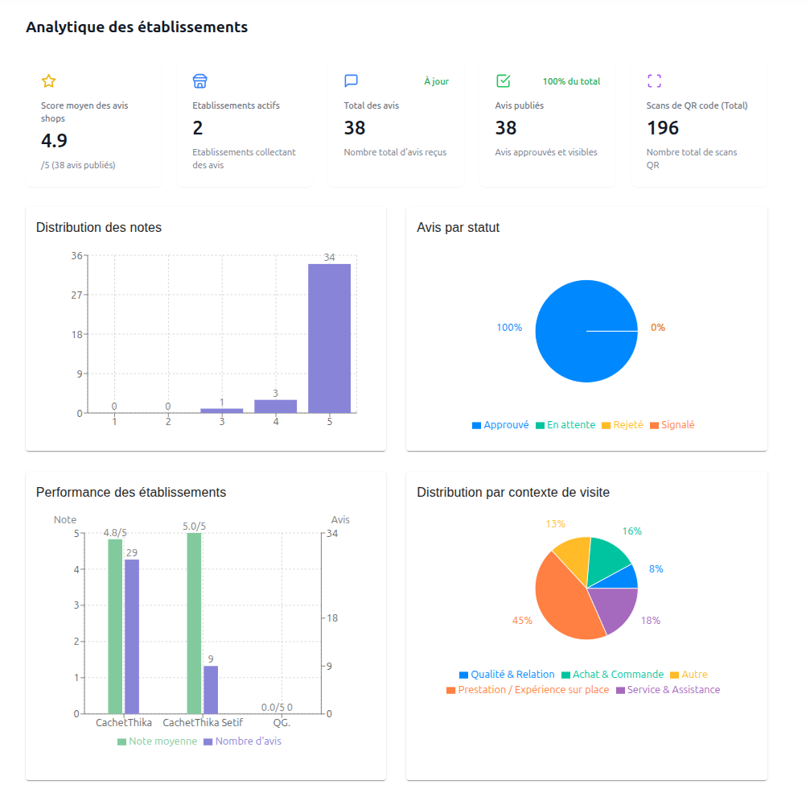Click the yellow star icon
tap(48, 81)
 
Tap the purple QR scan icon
tap(654, 81)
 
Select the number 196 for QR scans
tap(663, 128)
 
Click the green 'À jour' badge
tap(436, 81)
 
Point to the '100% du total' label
tap(571, 81)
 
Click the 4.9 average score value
tap(54, 141)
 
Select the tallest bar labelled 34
tap(329, 338)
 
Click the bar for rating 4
tap(276, 406)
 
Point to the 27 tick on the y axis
tap(76, 295)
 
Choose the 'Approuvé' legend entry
tap(500, 425)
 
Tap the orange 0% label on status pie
tap(658, 328)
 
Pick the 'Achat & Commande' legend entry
tap(612, 675)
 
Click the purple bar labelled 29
tap(132, 636)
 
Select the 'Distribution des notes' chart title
tap(99, 228)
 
